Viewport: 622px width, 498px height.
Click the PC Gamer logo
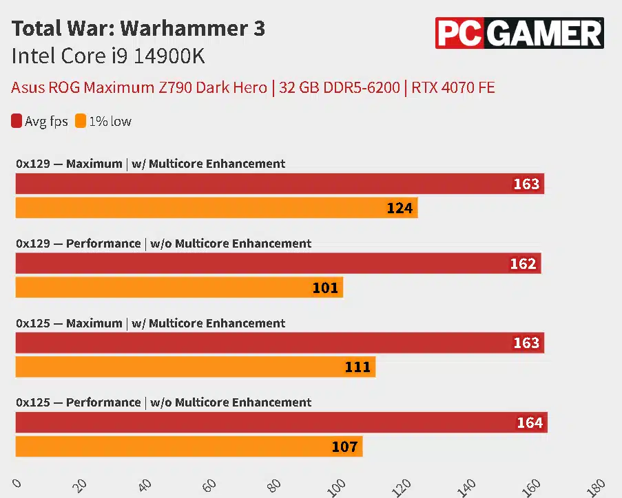click(x=519, y=32)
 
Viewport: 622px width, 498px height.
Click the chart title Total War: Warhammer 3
click(x=138, y=29)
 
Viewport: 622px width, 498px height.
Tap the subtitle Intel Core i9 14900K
click(x=108, y=56)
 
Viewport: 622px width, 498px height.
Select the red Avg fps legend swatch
click(x=17, y=121)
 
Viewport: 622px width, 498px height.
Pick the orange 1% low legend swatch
click(x=81, y=121)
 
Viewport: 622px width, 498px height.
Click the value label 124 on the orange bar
click(x=400, y=208)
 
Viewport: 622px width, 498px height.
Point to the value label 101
click(x=325, y=288)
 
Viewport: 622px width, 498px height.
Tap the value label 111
click(x=357, y=367)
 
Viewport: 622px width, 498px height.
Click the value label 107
click(x=344, y=447)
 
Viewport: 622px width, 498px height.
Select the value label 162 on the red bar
click(x=523, y=264)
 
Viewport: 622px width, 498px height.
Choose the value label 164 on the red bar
click(x=530, y=423)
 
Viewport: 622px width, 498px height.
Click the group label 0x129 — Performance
click(x=164, y=243)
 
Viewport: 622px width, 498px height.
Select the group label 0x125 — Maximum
click(x=151, y=323)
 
